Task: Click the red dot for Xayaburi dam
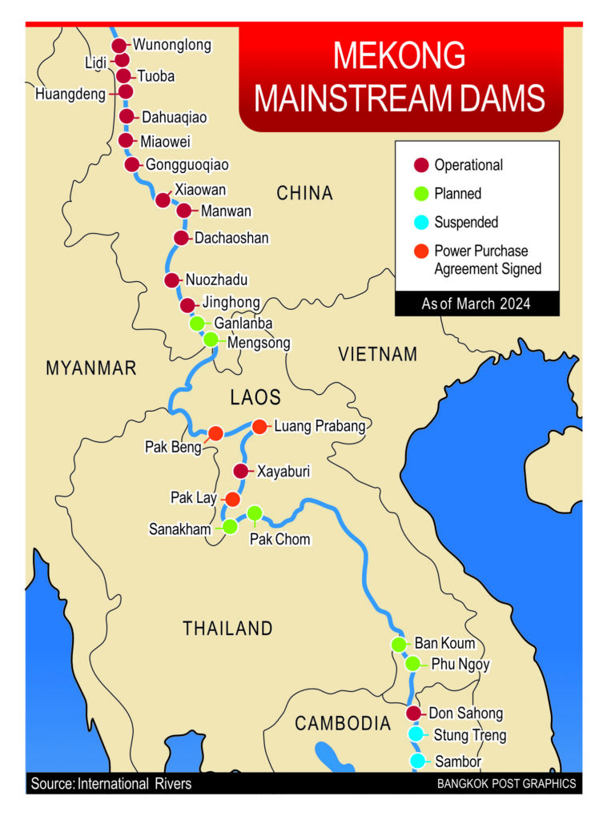pos(240,471)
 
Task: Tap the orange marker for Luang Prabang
pos(259,427)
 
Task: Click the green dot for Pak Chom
pos(255,512)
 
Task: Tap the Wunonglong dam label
pos(172,45)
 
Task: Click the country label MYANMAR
pos(91,368)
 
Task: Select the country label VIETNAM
pos(378,354)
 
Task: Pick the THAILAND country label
pos(228,628)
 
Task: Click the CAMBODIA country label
pos(343,724)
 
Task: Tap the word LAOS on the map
pos(255,397)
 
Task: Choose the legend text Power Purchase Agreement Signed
pos(488,260)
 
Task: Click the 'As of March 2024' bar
pos(476,304)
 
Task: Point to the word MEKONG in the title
pos(399,58)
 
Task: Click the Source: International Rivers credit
pos(111,783)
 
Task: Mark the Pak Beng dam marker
pos(215,434)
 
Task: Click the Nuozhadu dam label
pos(217,280)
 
